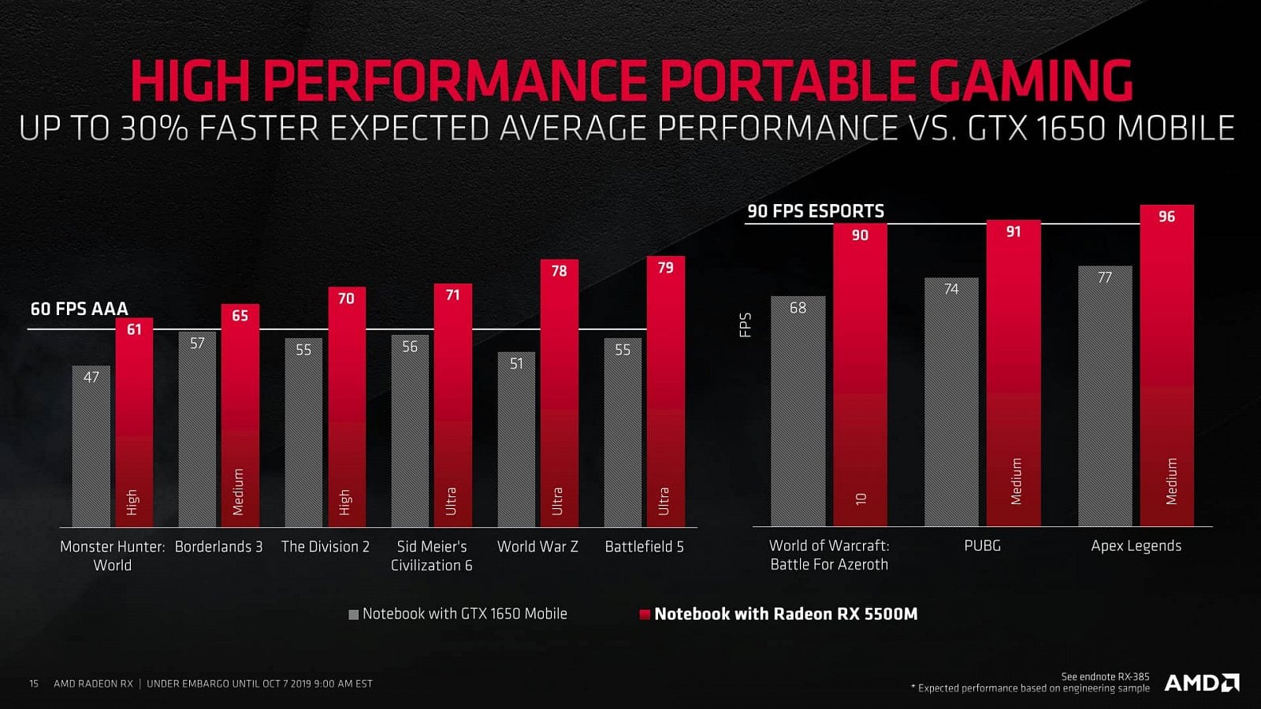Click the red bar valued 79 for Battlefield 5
tap(666, 394)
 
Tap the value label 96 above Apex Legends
tap(1166, 217)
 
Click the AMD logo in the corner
tap(1202, 682)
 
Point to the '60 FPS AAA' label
tap(79, 309)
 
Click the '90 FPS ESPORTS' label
tap(816, 211)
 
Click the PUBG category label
tap(982, 545)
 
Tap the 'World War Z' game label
tap(538, 546)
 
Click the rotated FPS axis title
tap(745, 325)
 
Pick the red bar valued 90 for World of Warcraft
tap(860, 378)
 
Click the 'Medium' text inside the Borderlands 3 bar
tap(239, 492)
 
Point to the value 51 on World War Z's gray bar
tap(516, 364)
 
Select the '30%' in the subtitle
tap(154, 128)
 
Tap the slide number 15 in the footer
tap(34, 683)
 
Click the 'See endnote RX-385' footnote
tap(1105, 676)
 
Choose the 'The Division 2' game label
tap(325, 546)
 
